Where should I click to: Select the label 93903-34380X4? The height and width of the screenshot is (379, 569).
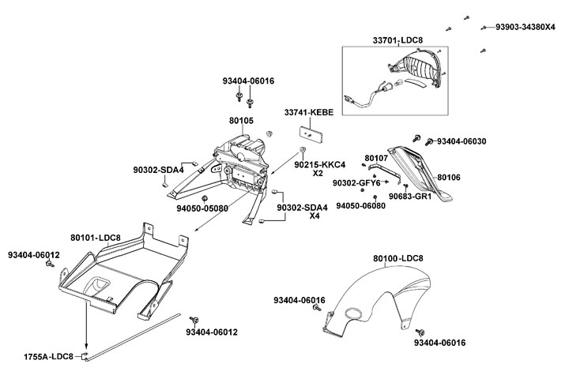(526, 26)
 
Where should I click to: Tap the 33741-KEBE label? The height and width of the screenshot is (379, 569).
(309, 113)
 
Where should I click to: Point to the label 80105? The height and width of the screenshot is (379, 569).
(241, 121)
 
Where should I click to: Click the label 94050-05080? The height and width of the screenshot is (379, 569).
(202, 208)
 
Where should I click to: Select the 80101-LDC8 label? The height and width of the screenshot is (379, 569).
(95, 237)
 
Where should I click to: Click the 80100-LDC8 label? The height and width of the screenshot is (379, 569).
(398, 258)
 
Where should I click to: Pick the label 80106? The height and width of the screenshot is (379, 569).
(449, 177)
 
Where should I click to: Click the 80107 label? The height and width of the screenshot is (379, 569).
(375, 158)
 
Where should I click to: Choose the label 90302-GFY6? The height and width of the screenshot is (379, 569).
(356, 183)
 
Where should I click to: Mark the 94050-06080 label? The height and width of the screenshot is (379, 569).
(360, 205)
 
